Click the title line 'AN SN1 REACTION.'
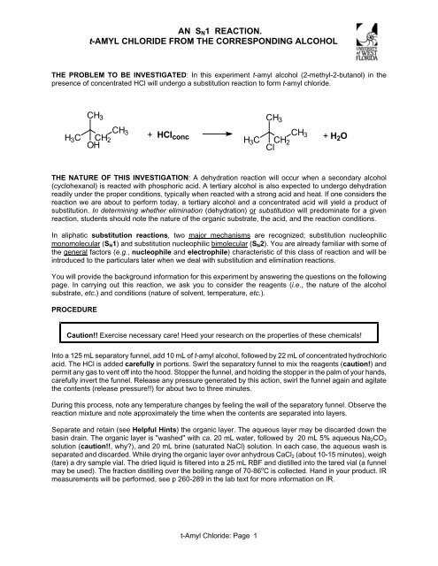[x=219, y=13]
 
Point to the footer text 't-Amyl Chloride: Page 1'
[x=219, y=555]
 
